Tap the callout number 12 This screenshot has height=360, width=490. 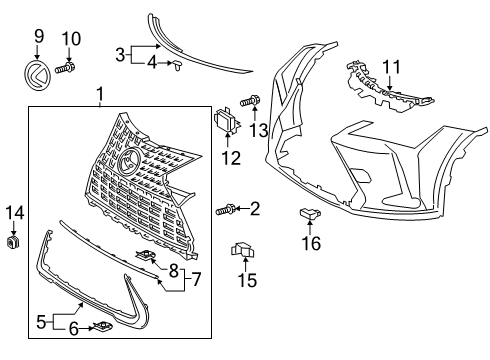[231, 158]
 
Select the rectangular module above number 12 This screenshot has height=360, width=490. [226, 125]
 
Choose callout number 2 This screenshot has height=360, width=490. [254, 209]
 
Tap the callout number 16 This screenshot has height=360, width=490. [311, 243]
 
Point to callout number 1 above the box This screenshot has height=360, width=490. [100, 96]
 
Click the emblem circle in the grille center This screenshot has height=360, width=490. [130, 164]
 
